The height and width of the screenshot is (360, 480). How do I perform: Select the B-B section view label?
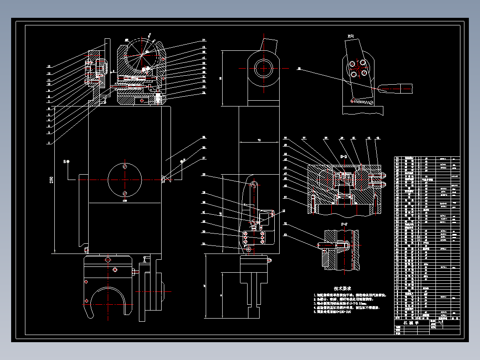tap(344, 157)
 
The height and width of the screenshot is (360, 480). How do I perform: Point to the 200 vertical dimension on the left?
tap(52, 180)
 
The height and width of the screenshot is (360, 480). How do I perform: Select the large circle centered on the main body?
tap(125, 180)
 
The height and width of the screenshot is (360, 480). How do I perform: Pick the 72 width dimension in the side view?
tap(259, 140)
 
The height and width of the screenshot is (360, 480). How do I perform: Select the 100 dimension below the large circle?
tap(125, 201)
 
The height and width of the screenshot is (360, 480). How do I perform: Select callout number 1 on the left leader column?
tap(48, 143)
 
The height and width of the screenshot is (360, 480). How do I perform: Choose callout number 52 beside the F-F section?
tap(285, 224)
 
